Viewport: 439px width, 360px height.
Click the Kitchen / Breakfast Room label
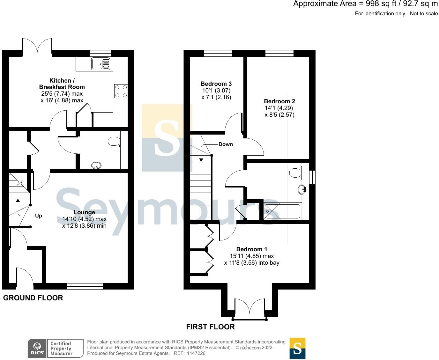click(62, 84)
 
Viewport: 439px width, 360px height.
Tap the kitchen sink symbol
click(100, 64)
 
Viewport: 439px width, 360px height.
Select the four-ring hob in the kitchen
click(121, 91)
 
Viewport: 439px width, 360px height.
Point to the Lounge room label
click(84, 212)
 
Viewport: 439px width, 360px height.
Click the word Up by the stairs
click(39, 216)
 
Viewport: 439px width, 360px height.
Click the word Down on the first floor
click(226, 144)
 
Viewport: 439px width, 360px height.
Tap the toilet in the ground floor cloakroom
click(114, 141)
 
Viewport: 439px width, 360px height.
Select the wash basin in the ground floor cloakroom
click(96, 165)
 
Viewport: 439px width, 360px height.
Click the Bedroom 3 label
click(216, 84)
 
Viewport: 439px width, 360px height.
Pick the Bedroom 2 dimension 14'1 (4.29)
click(279, 108)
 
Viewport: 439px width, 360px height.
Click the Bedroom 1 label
click(251, 249)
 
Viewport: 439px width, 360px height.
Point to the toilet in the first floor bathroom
click(295, 173)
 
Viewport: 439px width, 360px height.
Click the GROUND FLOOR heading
click(33, 298)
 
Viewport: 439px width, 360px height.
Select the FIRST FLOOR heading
click(210, 327)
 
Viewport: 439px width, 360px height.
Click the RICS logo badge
click(37, 348)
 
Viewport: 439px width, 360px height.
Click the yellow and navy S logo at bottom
click(297, 348)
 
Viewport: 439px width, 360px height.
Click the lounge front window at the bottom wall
click(85, 286)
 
